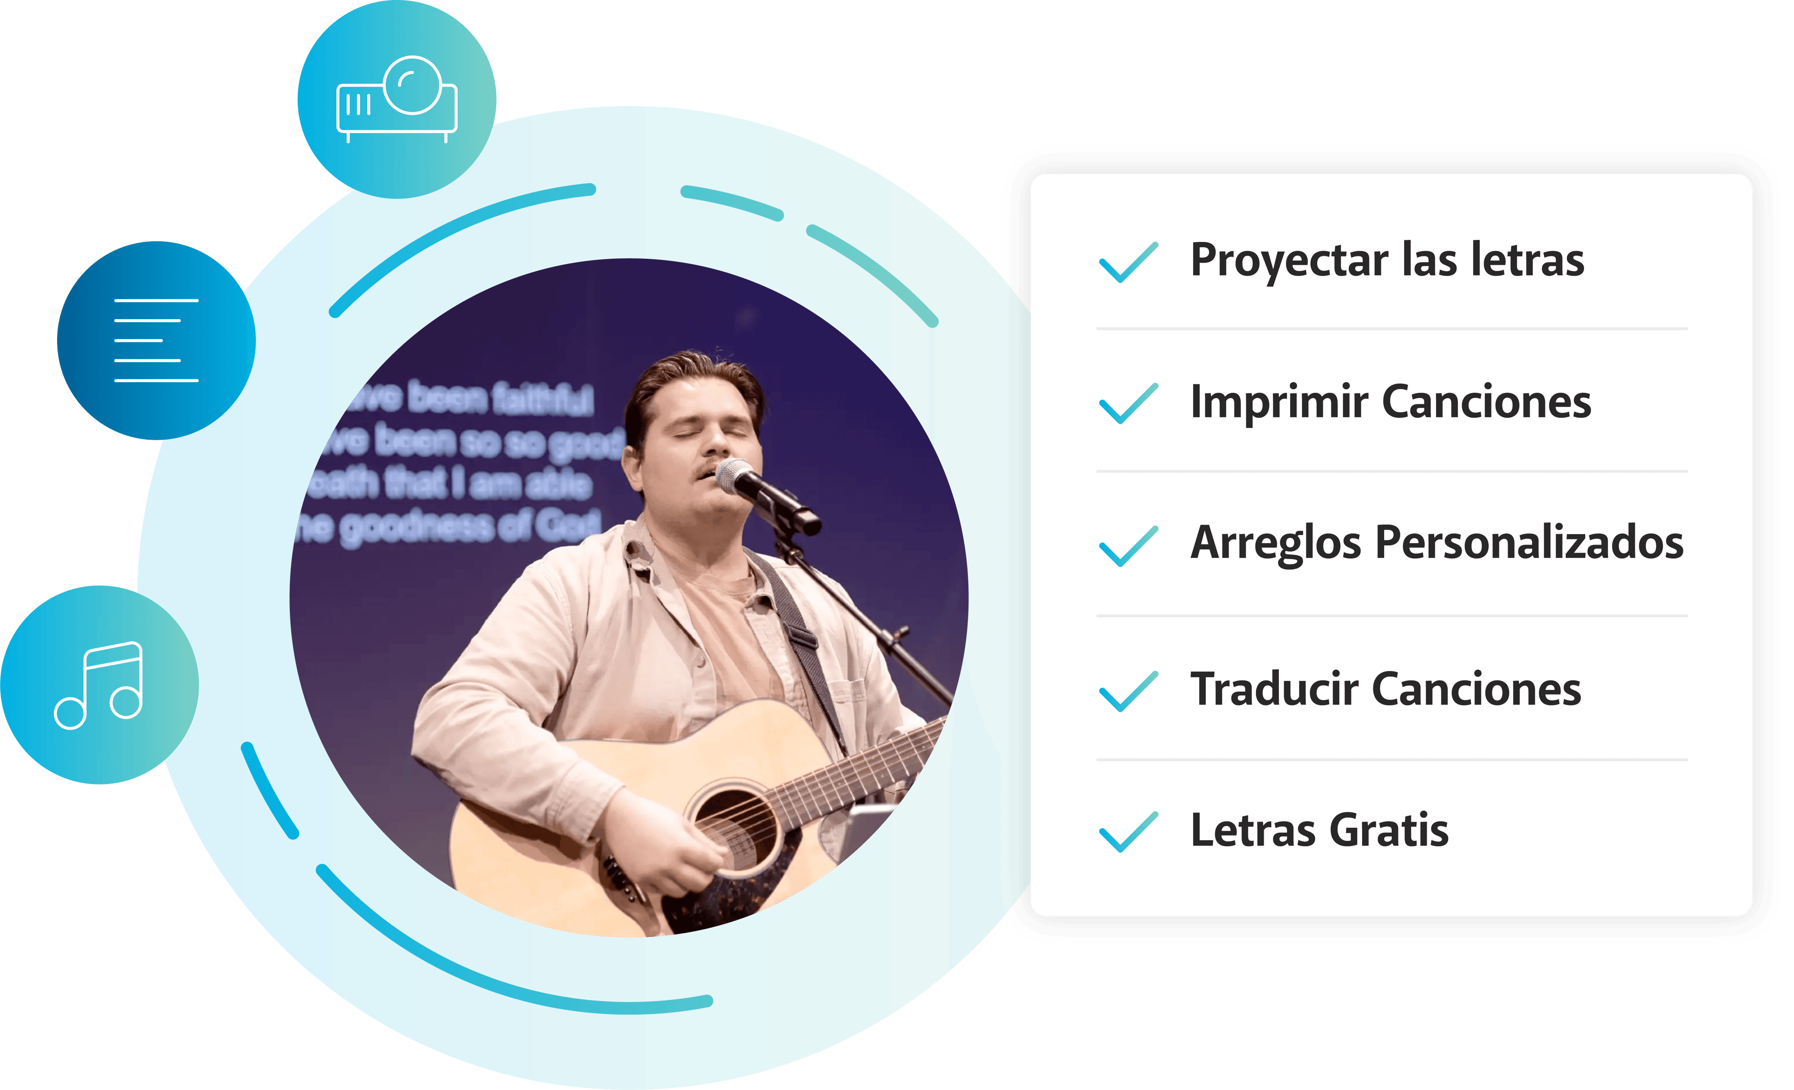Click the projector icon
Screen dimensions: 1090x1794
click(x=397, y=98)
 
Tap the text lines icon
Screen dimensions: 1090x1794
click(x=156, y=340)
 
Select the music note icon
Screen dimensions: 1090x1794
click(x=99, y=684)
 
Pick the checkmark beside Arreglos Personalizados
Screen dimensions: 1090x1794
click(x=1128, y=545)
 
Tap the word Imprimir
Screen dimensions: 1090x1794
click(x=1278, y=402)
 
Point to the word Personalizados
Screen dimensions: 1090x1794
click(x=1529, y=543)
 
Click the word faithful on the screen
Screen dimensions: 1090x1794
click(x=542, y=400)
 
